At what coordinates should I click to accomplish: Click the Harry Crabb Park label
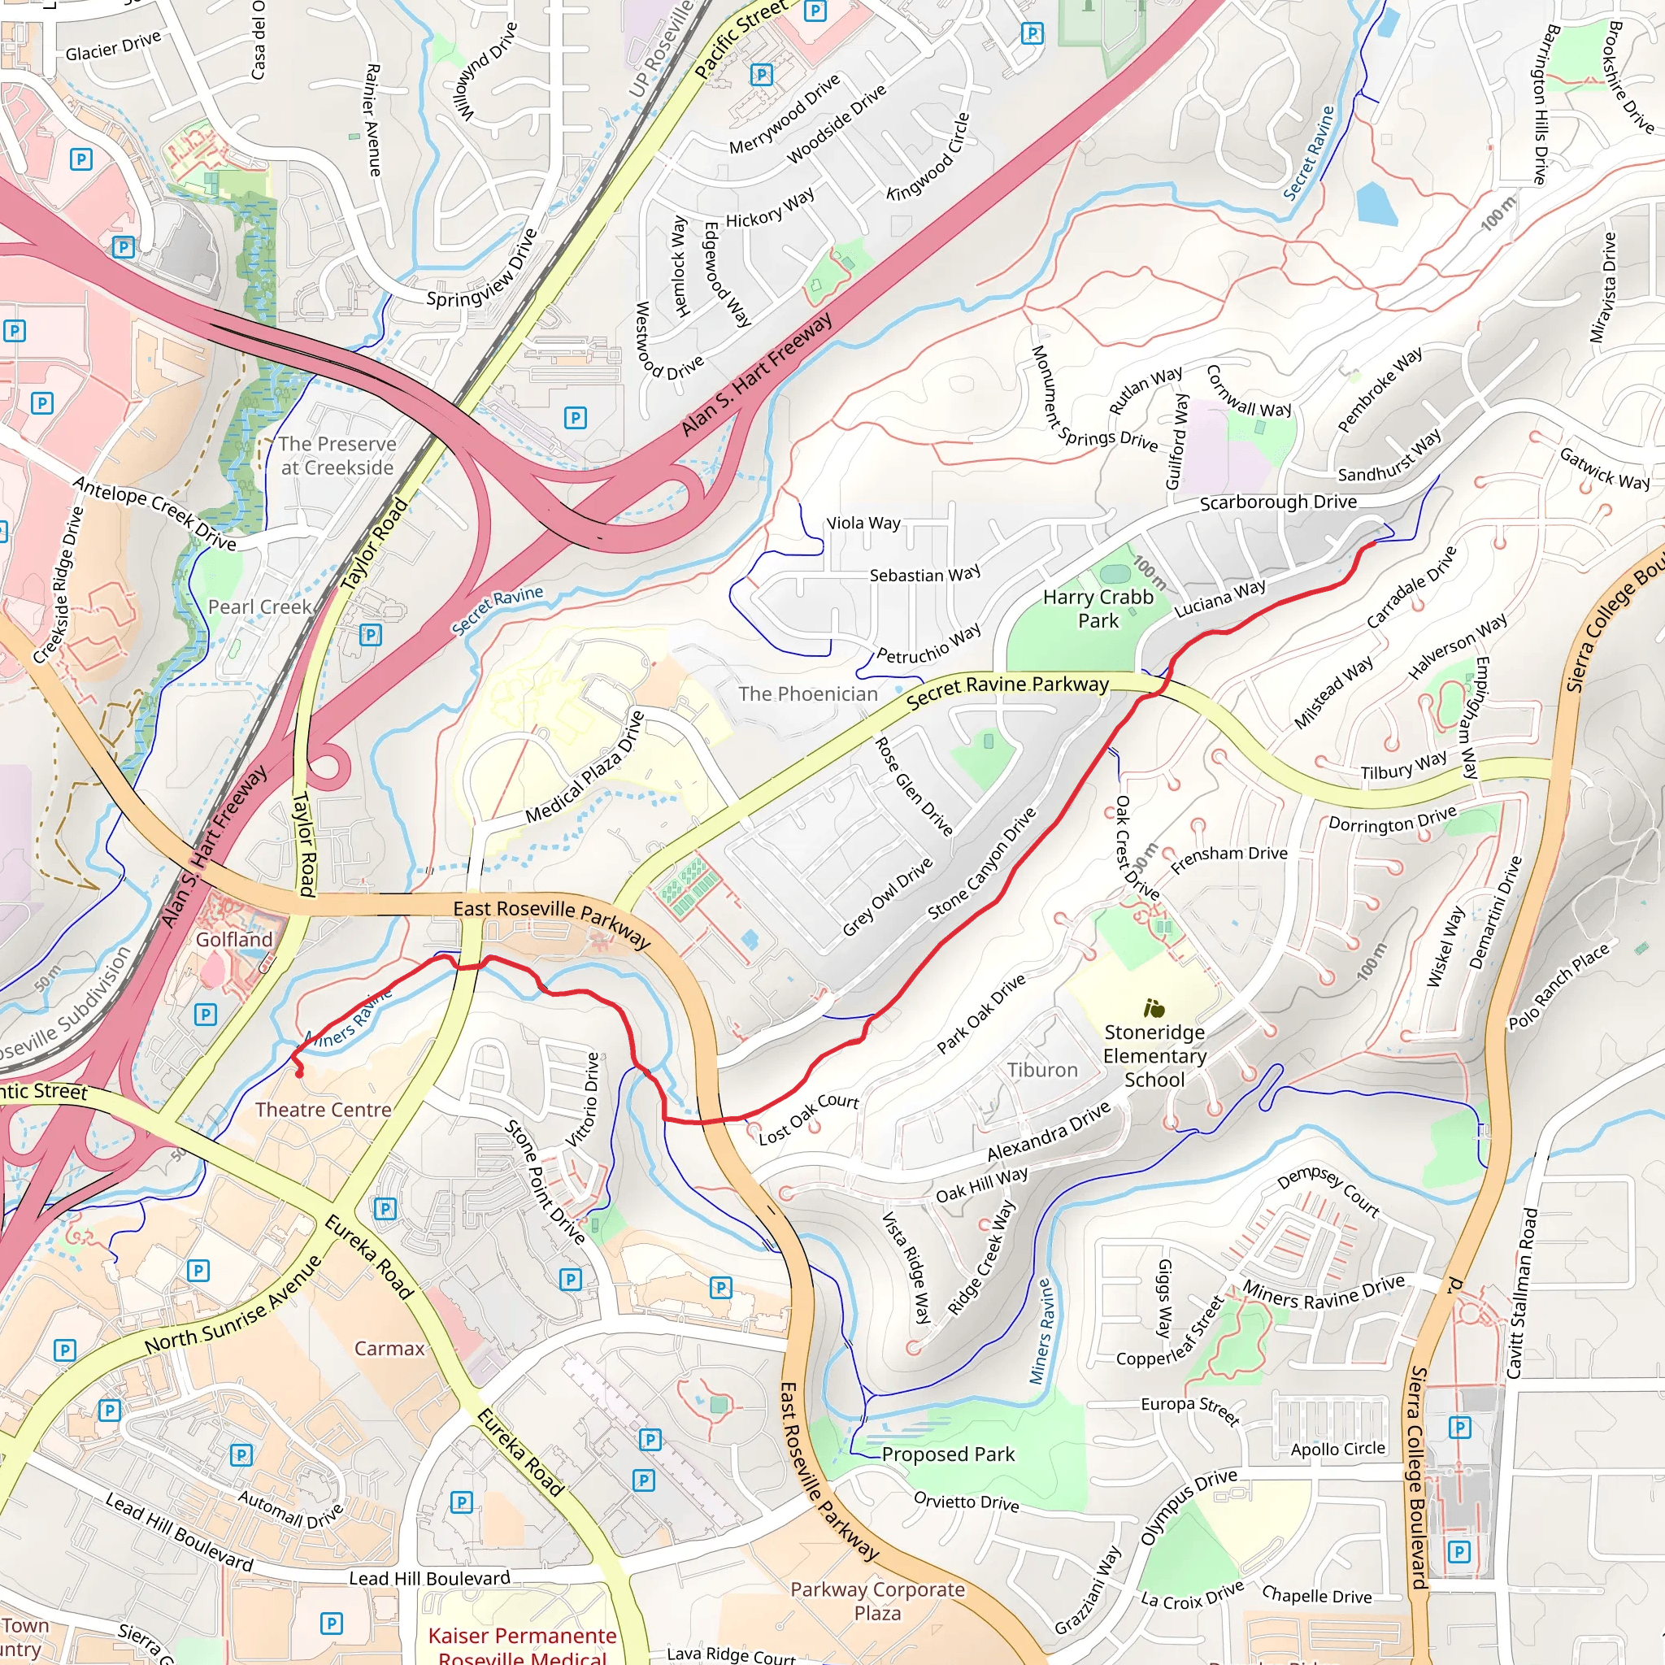tap(1097, 608)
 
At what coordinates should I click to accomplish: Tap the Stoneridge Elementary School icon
tap(1154, 1007)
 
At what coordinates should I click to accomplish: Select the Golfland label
tap(233, 939)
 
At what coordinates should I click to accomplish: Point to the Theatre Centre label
tap(324, 1109)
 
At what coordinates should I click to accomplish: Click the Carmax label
tap(389, 1348)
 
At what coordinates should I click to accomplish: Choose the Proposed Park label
tap(948, 1454)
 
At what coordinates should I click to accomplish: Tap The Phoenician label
tap(807, 693)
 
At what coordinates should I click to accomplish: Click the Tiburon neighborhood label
tap(1042, 1070)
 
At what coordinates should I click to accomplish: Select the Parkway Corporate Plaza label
tap(877, 1600)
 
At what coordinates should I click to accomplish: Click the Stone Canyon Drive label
tap(981, 863)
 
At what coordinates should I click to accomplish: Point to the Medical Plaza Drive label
tap(585, 767)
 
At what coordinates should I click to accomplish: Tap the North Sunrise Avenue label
tap(233, 1304)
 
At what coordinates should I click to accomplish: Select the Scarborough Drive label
tap(1278, 502)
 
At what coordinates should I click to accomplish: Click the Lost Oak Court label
tap(808, 1119)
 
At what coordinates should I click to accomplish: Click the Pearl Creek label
tap(259, 606)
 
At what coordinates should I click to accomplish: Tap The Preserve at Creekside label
tap(337, 455)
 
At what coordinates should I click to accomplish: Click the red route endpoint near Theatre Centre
tap(300, 1074)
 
